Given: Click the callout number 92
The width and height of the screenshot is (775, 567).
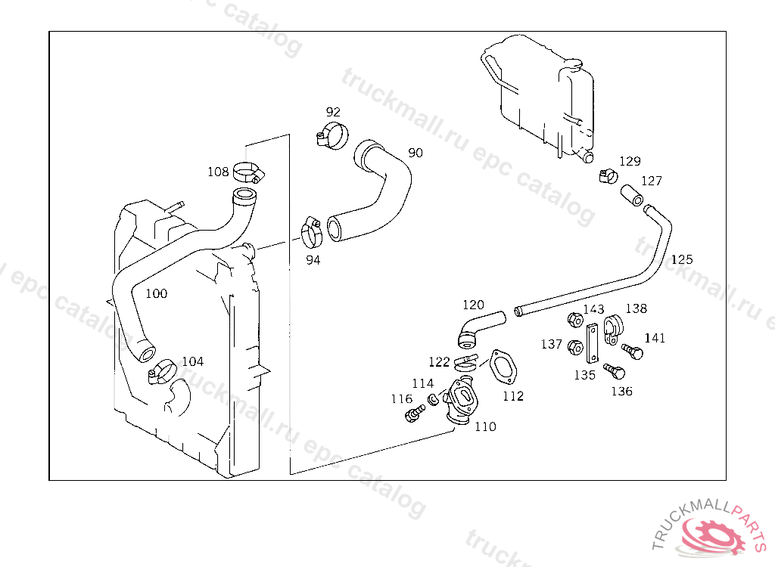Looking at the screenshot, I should [x=333, y=113].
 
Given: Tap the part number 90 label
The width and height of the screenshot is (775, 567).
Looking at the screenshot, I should [x=416, y=153].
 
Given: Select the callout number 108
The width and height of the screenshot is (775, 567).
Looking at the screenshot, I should [x=218, y=172].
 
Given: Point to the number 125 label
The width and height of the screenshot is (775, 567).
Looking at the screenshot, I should [x=682, y=259].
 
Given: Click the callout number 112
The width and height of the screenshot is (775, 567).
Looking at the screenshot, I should [x=512, y=395].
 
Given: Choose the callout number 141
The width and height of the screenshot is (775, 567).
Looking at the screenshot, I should [x=655, y=338].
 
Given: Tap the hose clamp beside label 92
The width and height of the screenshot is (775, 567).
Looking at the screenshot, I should [x=331, y=135].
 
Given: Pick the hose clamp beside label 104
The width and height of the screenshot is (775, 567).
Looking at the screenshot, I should [x=162, y=372].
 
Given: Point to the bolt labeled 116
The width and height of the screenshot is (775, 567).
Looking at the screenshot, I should [x=414, y=414].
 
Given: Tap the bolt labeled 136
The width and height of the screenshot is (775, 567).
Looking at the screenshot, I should [x=615, y=371].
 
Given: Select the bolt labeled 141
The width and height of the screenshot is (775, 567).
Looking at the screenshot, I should [x=633, y=352].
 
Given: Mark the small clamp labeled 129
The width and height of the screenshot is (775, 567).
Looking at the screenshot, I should [x=605, y=177].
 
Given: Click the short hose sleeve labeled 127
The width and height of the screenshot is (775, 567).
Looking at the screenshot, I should [x=631, y=195].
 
